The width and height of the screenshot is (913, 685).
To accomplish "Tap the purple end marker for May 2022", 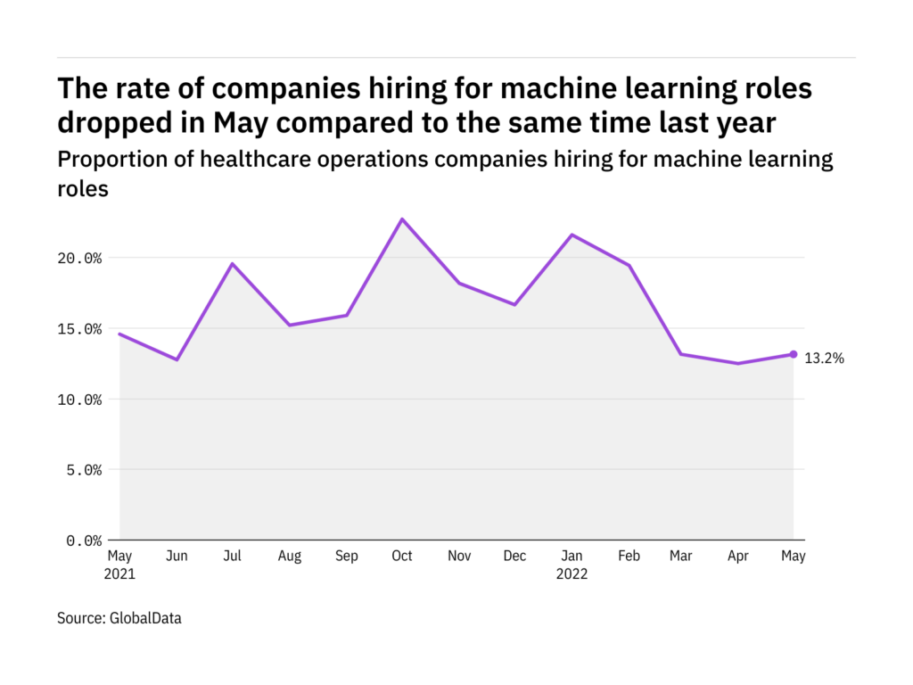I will (x=793, y=354).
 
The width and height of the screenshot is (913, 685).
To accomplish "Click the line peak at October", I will (x=402, y=219).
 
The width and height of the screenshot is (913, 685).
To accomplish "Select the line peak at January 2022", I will (x=572, y=235).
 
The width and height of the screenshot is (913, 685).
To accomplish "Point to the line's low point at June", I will (x=177, y=359).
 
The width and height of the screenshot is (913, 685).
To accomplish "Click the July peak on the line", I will (x=233, y=263).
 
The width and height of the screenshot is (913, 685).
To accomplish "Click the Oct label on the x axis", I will (x=402, y=557).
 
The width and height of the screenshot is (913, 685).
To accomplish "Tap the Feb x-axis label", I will (x=628, y=557).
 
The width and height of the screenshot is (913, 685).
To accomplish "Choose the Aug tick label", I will (x=289, y=557).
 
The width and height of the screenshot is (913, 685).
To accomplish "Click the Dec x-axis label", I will (x=514, y=557).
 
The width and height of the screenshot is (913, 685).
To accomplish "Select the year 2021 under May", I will (x=120, y=574).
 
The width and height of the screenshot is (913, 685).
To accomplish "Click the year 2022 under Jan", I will (x=572, y=574).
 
